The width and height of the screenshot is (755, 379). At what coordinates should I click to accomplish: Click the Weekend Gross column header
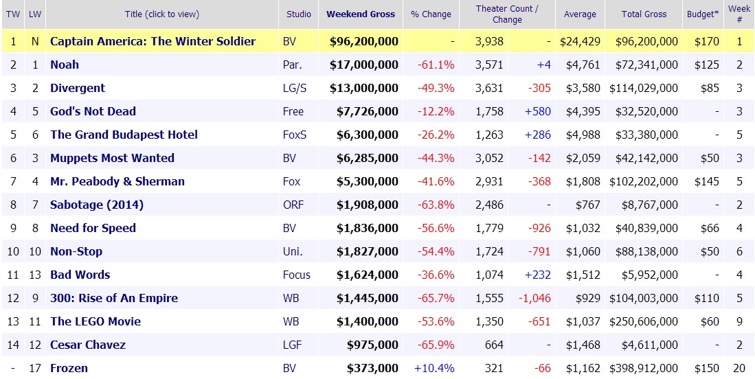[361, 14]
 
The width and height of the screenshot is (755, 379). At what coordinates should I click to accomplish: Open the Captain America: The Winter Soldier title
[153, 41]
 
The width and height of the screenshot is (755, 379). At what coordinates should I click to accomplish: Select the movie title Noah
[65, 65]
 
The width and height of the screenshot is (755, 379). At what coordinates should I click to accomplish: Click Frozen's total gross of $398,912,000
[645, 368]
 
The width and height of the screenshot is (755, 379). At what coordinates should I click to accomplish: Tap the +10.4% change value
[434, 368]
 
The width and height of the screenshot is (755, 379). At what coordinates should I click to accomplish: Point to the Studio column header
[298, 14]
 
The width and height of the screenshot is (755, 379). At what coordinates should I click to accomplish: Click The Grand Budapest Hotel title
[124, 135]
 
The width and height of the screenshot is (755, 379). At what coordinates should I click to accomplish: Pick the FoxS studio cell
[295, 135]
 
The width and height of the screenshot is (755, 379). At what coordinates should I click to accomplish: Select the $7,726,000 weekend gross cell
[364, 111]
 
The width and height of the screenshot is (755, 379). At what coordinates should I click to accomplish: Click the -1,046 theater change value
[533, 298]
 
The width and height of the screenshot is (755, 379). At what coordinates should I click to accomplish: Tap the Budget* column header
[703, 14]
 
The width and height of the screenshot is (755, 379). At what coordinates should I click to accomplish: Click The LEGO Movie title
[95, 321]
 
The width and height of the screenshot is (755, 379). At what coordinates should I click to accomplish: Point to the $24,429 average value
[581, 41]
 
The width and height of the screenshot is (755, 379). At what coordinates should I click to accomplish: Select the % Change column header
[431, 14]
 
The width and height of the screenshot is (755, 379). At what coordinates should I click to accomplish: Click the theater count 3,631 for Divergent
[489, 88]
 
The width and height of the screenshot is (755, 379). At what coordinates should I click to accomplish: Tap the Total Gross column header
[645, 14]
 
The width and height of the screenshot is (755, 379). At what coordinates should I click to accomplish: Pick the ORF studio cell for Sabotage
[293, 205]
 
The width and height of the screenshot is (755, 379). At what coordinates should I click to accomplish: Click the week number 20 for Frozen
[739, 368]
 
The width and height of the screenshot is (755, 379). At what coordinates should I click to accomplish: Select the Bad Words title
[80, 275]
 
